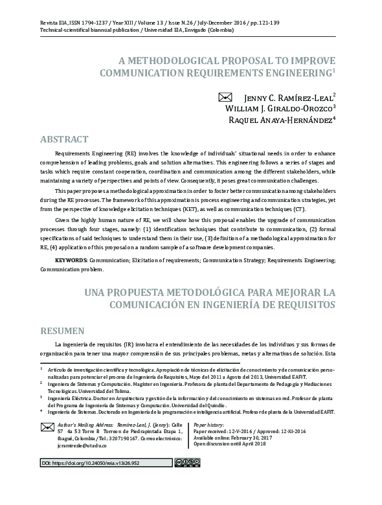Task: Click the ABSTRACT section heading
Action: click(x=64, y=140)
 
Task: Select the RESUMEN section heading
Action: click(x=62, y=331)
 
